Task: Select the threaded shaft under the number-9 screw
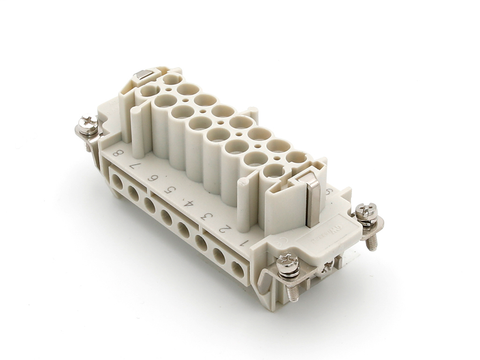(371, 238)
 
